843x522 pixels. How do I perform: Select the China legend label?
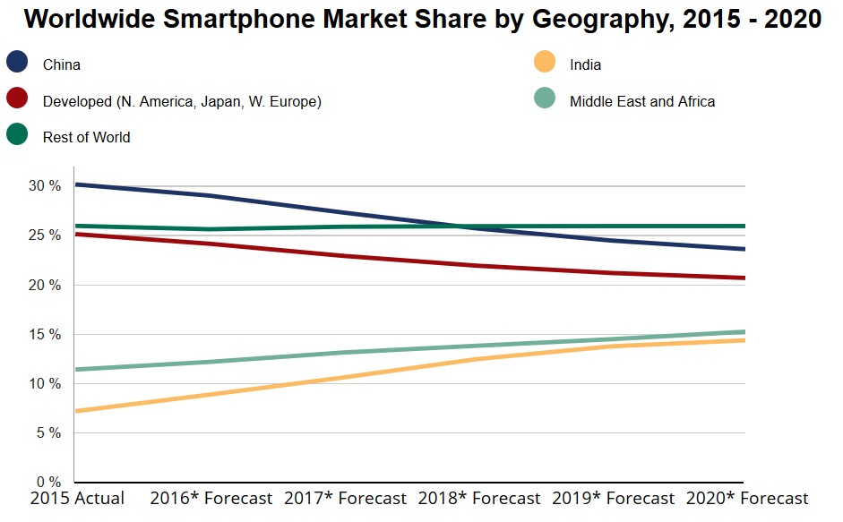(x=61, y=64)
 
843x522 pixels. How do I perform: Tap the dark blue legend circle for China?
(x=17, y=62)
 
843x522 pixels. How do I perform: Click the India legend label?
(x=585, y=64)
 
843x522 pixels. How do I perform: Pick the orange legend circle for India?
(x=544, y=62)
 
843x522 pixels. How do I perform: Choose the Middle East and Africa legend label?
(x=642, y=101)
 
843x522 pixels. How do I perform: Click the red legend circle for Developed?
(x=17, y=98)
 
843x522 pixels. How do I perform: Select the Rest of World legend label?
(x=86, y=137)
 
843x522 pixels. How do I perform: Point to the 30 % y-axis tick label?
(x=44, y=186)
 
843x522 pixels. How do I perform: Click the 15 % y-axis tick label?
(x=44, y=334)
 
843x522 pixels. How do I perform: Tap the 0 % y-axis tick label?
(x=47, y=483)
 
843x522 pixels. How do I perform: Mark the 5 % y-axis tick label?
(x=47, y=433)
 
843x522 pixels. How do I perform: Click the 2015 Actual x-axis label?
(x=77, y=499)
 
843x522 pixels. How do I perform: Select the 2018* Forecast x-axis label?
(x=479, y=499)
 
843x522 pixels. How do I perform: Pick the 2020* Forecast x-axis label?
(x=746, y=499)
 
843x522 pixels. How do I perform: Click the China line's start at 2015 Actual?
(x=76, y=184)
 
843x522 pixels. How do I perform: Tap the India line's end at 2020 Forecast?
(x=743, y=340)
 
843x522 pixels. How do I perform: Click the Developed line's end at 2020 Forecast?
(x=743, y=278)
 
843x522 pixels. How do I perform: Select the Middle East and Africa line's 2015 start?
(x=76, y=369)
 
